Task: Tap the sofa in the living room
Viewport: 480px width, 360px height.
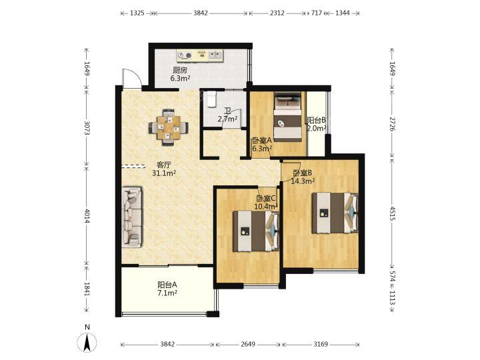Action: tap(132, 217)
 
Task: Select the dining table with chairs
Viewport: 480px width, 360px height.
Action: tap(169, 127)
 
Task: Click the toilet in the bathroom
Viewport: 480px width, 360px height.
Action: tap(211, 99)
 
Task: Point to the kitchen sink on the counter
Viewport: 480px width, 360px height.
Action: tap(216, 55)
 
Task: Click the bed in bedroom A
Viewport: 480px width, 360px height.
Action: tap(287, 117)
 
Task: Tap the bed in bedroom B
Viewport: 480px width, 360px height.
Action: tap(335, 213)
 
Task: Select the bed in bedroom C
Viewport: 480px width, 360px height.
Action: tap(256, 231)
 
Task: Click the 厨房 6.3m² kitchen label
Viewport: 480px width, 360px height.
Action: tap(180, 75)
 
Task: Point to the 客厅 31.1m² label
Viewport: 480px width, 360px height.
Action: tap(164, 169)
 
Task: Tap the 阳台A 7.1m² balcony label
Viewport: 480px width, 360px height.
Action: tap(167, 289)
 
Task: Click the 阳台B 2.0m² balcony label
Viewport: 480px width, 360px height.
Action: tap(317, 124)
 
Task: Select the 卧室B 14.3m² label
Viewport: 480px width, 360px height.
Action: tap(303, 177)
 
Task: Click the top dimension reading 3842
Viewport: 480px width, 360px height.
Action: tap(201, 13)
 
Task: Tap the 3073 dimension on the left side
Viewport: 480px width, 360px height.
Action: tap(87, 128)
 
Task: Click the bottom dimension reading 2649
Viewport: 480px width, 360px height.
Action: tap(248, 345)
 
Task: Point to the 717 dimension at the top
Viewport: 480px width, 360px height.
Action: tap(317, 13)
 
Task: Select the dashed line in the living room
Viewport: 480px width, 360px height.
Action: tap(133, 167)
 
